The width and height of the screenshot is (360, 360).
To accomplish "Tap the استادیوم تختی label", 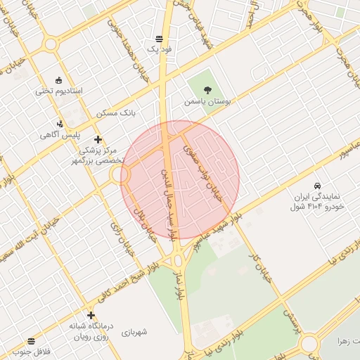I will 59,91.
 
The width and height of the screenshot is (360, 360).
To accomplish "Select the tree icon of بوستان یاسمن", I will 207,89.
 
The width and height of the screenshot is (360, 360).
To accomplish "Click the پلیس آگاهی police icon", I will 59,123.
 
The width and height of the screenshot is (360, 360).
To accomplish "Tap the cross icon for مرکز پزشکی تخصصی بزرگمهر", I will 97,139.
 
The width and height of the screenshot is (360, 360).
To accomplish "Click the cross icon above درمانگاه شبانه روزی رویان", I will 91,315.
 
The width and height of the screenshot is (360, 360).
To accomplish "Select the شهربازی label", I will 134,332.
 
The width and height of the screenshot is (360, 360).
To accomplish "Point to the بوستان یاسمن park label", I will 208,101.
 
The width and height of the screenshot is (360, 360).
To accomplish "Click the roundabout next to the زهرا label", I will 310,344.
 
